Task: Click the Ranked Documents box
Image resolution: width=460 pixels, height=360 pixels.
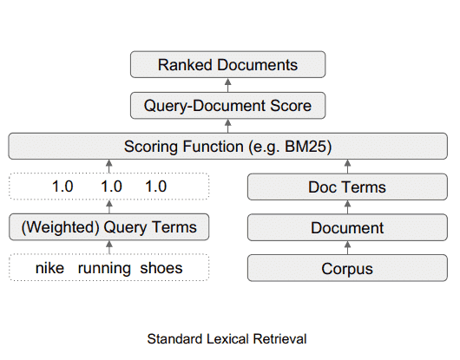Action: [x=227, y=65]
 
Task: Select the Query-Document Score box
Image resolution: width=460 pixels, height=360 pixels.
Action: [x=227, y=107]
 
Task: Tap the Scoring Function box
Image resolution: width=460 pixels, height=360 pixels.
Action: [x=227, y=146]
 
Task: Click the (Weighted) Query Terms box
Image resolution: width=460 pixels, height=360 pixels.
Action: [x=109, y=227]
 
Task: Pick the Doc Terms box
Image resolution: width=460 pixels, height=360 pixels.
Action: [x=347, y=187]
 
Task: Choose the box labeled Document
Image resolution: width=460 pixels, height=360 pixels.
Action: [x=347, y=227]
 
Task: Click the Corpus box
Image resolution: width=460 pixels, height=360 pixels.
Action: [x=347, y=268]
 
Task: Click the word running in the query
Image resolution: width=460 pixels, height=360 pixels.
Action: [x=104, y=268]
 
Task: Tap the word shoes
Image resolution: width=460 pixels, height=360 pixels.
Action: [x=161, y=268]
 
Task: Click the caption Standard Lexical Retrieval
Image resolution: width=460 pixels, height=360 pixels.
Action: [x=227, y=337]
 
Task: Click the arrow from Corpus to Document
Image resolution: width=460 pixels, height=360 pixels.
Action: [x=347, y=247]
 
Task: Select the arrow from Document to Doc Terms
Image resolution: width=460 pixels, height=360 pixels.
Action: [x=347, y=206]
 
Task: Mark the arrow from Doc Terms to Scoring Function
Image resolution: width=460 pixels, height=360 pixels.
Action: [x=347, y=166]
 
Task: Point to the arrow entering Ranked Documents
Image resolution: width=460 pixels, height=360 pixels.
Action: [x=227, y=86]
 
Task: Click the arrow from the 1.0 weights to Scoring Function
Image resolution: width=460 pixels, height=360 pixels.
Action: [x=109, y=166]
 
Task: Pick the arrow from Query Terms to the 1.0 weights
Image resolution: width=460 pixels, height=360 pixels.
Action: [x=109, y=206]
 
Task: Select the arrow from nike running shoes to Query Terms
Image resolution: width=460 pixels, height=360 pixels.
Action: [x=109, y=247]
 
